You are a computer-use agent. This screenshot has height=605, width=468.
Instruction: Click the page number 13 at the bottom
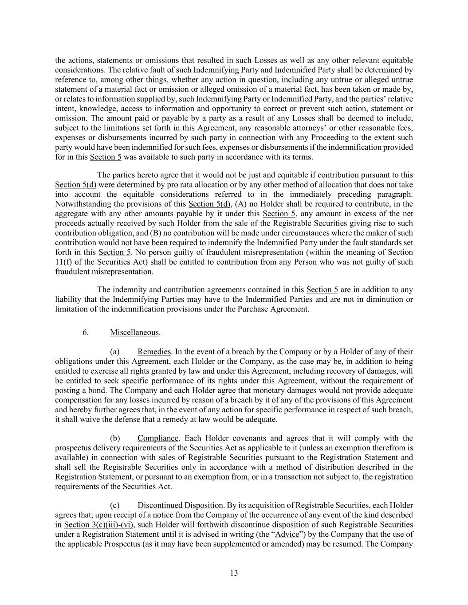click(234, 573)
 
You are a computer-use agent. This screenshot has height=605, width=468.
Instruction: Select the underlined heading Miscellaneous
click(134, 332)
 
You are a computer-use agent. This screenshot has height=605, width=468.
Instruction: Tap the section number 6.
click(85, 332)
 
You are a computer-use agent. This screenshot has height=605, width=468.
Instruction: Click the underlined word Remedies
click(154, 352)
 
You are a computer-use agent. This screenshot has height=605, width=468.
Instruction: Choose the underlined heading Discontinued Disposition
click(180, 506)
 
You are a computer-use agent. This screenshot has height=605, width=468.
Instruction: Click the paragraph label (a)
click(114, 352)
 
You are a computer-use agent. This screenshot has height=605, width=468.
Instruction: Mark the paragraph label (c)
click(114, 506)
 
